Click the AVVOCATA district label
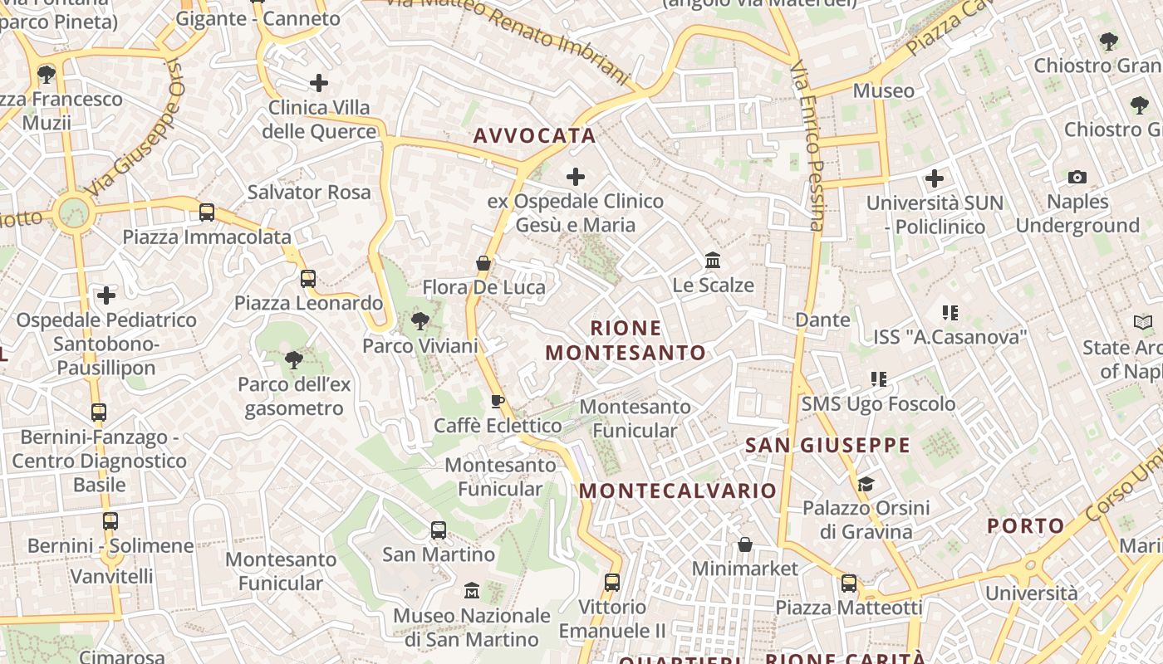[535, 136]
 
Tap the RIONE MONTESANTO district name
[626, 340]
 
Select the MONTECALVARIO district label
[678, 491]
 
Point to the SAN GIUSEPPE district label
[827, 446]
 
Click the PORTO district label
[1026, 525]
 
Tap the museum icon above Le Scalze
[713, 261]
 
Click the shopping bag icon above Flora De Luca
[483, 263]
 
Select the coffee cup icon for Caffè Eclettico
[498, 402]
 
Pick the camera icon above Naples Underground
[1077, 177]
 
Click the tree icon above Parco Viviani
[420, 321]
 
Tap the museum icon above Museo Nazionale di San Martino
[472, 590]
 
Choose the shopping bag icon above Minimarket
[745, 544]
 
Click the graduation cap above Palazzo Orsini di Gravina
[866, 483]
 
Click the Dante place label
[822, 320]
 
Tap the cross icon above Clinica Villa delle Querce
[319, 83]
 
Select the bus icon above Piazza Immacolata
[207, 212]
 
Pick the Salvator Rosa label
[309, 193]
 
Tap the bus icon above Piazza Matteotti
[848, 583]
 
